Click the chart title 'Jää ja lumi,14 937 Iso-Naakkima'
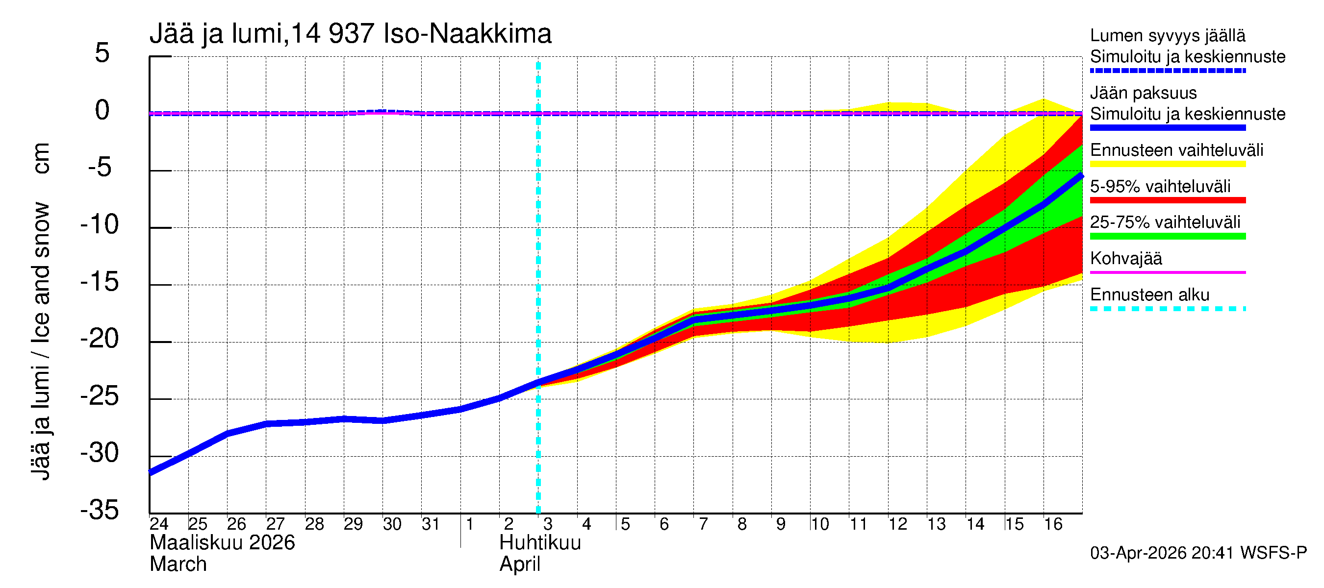(x=350, y=34)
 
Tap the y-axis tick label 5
(x=102, y=53)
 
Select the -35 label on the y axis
(x=100, y=511)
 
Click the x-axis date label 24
(x=159, y=524)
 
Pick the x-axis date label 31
(x=431, y=524)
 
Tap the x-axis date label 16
(x=1053, y=524)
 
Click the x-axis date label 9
(x=780, y=524)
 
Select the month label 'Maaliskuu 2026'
(x=222, y=543)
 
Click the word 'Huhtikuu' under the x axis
(x=540, y=543)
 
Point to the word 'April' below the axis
(x=520, y=564)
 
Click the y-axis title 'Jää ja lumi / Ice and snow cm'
(x=41, y=312)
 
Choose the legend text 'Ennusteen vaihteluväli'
(x=1176, y=150)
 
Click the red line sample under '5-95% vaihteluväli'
(x=1167, y=200)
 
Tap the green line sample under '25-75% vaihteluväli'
(x=1167, y=236)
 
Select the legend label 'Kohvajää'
(x=1125, y=258)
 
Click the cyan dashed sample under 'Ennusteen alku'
(x=1167, y=309)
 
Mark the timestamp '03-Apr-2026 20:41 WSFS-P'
(x=1198, y=553)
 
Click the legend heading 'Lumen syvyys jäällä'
(x=1167, y=36)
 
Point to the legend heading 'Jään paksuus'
(x=1143, y=94)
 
